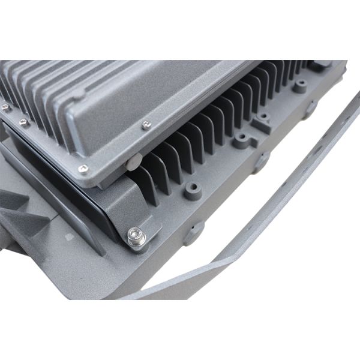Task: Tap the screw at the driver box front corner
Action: pos(83,169)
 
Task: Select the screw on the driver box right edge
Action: pos(146,125)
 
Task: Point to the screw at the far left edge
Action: pos(5,107)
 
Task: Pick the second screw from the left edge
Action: pos(23,122)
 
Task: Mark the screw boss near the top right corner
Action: pos(300,86)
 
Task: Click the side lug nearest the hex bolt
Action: pos(193,232)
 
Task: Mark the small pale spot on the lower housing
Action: pos(69,237)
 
